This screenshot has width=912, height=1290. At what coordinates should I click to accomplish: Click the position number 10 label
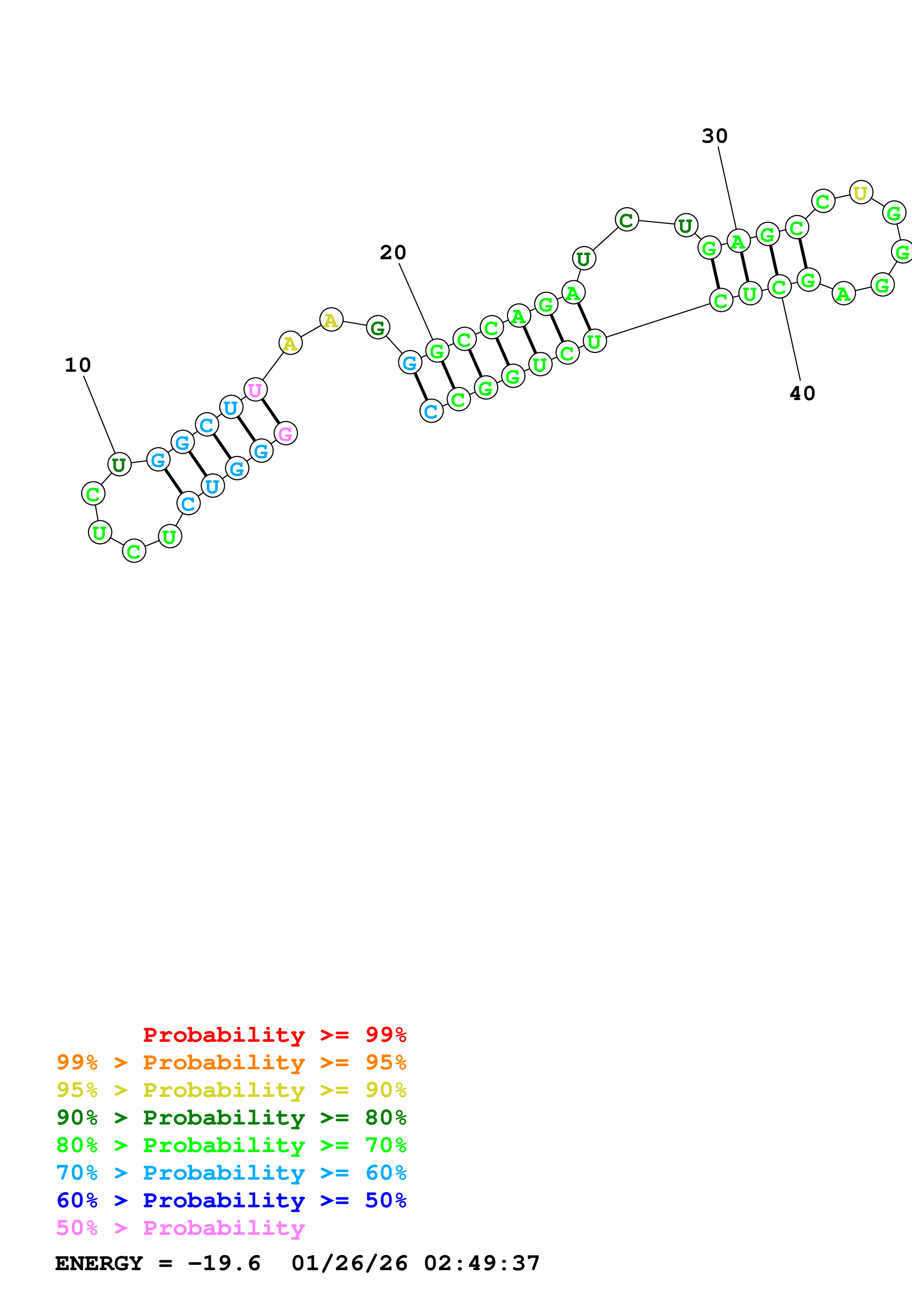coord(78,365)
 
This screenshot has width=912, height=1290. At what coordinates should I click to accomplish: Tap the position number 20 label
coord(393,253)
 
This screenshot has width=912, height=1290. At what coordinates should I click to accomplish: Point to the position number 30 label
coord(714,136)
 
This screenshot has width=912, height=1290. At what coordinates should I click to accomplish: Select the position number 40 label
coord(802,393)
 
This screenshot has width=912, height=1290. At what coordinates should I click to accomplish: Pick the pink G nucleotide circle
coord(285,433)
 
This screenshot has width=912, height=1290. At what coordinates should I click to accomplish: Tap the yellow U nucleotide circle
coord(860,193)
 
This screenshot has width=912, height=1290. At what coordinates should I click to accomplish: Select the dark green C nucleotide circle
coord(627,220)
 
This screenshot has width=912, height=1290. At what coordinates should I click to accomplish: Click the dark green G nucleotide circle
coord(377,328)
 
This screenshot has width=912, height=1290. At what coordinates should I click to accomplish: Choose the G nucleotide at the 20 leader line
coord(437,351)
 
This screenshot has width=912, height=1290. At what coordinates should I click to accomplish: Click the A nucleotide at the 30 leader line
coord(738,242)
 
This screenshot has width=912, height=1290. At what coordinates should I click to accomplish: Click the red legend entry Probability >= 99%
coord(274,1034)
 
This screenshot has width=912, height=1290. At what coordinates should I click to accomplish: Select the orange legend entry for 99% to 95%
coord(231,1062)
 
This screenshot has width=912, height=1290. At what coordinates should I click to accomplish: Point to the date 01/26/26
coord(349,1263)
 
